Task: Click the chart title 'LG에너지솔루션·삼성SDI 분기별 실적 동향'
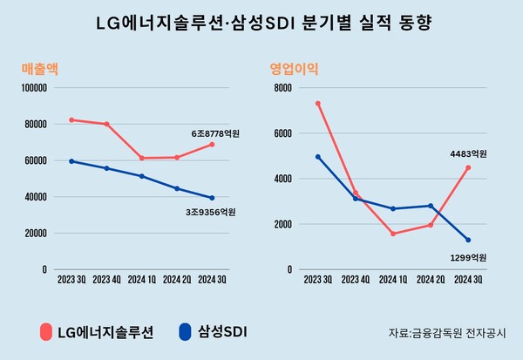[261, 23]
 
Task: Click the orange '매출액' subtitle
[40, 68]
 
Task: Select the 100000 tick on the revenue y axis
[32, 88]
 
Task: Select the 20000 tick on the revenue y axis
[35, 234]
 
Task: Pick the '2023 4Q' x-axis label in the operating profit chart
[355, 280]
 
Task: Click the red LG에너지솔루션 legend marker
[46, 332]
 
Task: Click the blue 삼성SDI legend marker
[184, 332]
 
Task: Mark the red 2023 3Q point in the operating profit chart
[318, 103]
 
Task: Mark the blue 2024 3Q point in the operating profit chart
[468, 240]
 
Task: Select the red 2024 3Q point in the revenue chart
[212, 145]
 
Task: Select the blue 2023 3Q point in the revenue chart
[71, 161]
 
